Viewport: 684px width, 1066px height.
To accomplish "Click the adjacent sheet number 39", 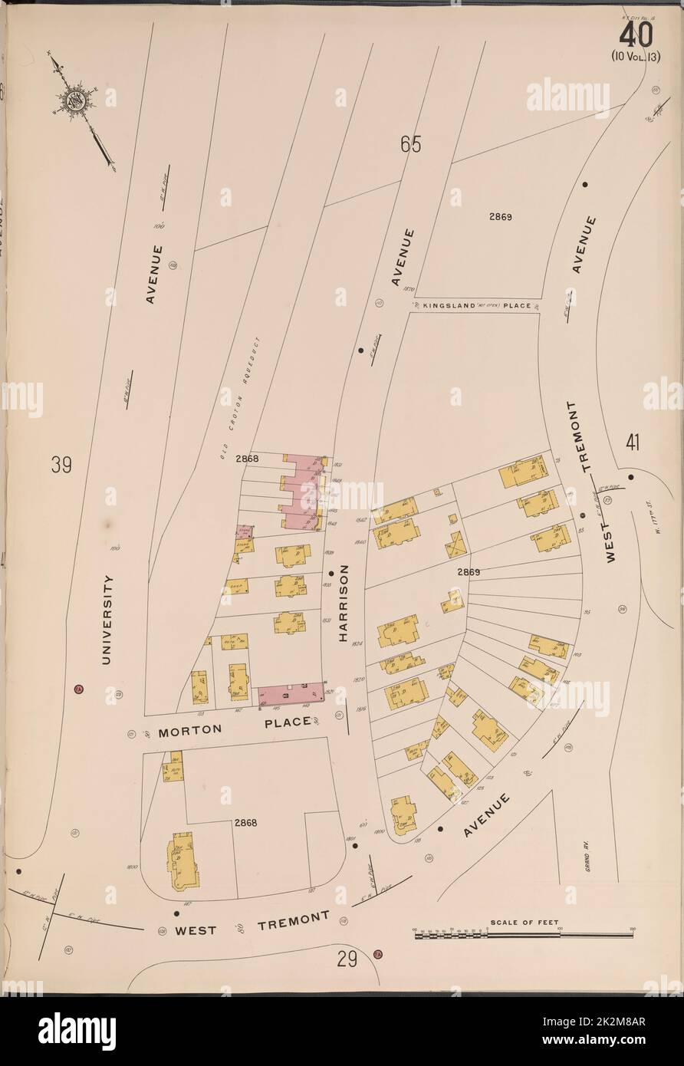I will point(62,465).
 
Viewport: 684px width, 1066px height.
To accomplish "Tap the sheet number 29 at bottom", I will point(347,959).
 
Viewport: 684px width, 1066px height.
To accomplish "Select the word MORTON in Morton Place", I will point(184,732).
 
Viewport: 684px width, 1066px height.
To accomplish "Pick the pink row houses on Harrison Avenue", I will point(301,492).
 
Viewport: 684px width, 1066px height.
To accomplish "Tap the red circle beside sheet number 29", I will point(377,955).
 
